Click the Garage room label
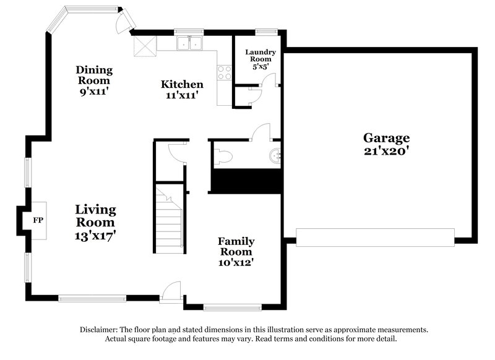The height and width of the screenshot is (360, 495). [386, 138]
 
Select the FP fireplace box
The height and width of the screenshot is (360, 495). [38, 219]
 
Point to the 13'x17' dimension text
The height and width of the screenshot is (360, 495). [95, 235]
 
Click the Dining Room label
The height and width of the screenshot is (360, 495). [93, 75]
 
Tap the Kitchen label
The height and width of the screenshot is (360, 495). [182, 84]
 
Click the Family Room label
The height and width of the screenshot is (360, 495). [235, 246]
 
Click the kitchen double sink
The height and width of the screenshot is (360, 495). [190, 43]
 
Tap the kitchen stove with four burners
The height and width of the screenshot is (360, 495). [225, 72]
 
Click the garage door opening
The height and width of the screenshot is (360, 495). [375, 236]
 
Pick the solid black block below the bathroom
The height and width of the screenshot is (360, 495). [247, 180]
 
